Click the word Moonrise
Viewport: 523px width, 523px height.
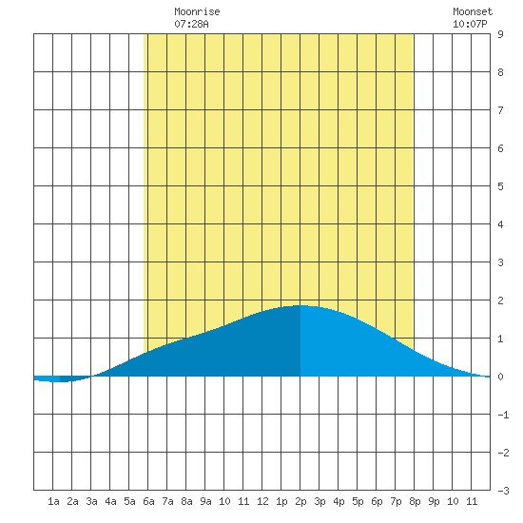197,12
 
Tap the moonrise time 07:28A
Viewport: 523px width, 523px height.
191,24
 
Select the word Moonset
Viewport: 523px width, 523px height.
473,12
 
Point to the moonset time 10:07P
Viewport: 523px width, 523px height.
470,24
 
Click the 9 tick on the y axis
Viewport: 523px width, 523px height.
500,34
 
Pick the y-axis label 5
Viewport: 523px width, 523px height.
500,186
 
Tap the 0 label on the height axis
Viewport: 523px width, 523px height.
500,377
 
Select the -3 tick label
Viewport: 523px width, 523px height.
503,491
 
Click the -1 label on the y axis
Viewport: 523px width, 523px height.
503,415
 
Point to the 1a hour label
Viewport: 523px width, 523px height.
53,501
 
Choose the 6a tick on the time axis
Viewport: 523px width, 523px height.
148,501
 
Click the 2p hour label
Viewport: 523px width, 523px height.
300,501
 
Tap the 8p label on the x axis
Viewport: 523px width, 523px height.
415,501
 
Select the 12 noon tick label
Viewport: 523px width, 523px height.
262,501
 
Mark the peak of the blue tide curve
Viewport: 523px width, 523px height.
300,305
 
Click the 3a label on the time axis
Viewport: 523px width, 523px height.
91,501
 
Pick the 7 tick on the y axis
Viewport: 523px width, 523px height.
500,110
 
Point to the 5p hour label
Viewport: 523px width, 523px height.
358,501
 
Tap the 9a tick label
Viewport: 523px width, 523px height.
205,501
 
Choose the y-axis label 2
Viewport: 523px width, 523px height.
500,300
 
